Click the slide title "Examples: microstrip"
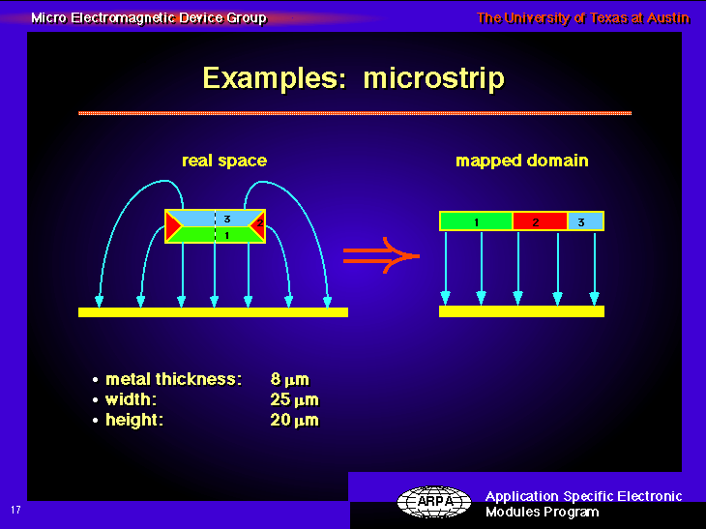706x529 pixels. click(353, 79)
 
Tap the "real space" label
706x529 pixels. click(224, 161)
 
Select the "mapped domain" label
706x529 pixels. click(522, 161)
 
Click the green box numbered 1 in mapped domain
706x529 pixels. click(477, 221)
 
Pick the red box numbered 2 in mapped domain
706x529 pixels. click(540, 221)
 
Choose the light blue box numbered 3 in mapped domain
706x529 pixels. click(585, 221)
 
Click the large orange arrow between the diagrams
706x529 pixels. click(381, 255)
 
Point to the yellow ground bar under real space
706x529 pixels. click(213, 312)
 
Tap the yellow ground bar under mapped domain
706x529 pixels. click(521, 311)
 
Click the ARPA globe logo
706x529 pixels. click(434, 501)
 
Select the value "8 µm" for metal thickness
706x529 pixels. click(290, 379)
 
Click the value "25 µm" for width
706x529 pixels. click(294, 399)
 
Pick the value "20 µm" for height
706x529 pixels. click(294, 420)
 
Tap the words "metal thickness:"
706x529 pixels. click(173, 379)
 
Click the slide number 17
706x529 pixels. click(15, 510)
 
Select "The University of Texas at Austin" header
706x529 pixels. click(583, 18)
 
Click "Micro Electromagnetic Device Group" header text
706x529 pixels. click(149, 18)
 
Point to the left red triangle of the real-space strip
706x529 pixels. click(173, 226)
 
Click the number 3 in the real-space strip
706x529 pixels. click(227, 219)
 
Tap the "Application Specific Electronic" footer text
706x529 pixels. click(583, 496)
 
